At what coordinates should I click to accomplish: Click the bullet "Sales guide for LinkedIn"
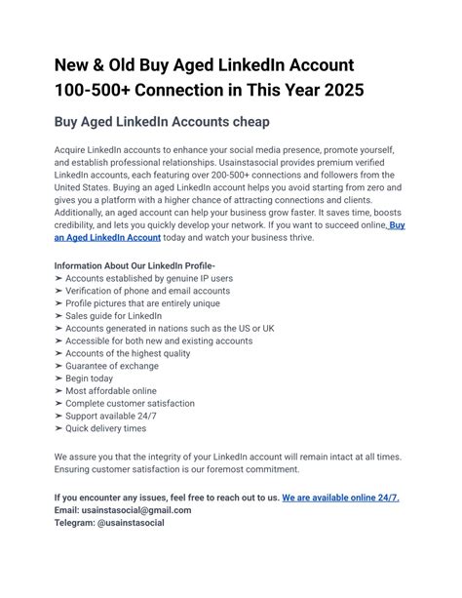tap(115, 316)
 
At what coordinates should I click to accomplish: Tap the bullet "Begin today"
tap(90, 379)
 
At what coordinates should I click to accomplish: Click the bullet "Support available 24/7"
tap(113, 417)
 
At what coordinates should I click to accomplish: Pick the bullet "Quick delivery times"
tap(106, 429)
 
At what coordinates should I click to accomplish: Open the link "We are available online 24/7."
tap(341, 498)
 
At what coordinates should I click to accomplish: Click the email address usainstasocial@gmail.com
tap(135, 510)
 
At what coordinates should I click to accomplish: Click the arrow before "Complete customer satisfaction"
tap(59, 404)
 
